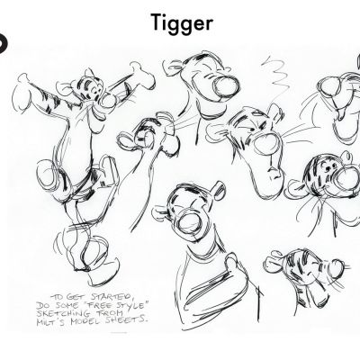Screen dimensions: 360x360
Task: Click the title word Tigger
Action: click(182, 23)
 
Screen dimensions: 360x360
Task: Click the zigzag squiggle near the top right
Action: click(275, 72)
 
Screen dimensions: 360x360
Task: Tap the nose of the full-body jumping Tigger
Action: click(108, 101)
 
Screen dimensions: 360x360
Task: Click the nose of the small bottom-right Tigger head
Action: click(336, 268)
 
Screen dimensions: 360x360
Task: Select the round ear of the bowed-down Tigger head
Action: click(125, 140)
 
